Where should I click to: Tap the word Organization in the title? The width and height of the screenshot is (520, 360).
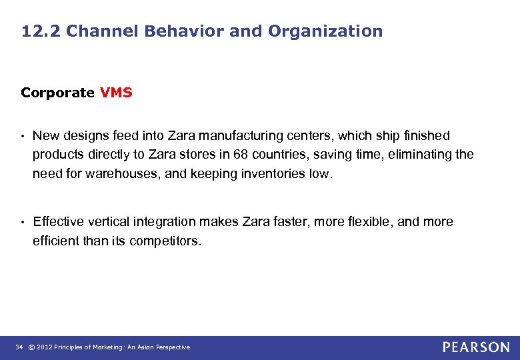pos(325,31)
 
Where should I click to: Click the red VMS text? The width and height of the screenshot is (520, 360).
pos(116,93)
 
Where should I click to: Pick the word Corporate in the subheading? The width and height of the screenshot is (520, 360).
pos(57,93)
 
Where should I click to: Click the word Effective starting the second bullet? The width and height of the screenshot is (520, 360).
pos(59,222)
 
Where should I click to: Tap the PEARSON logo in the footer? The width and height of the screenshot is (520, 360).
pos(476,347)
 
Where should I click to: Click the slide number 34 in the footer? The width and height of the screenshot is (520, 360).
pos(19,347)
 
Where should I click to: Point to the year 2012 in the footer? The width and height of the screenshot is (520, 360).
pos(44,347)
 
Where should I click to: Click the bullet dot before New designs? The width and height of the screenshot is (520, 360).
pos(23,137)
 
